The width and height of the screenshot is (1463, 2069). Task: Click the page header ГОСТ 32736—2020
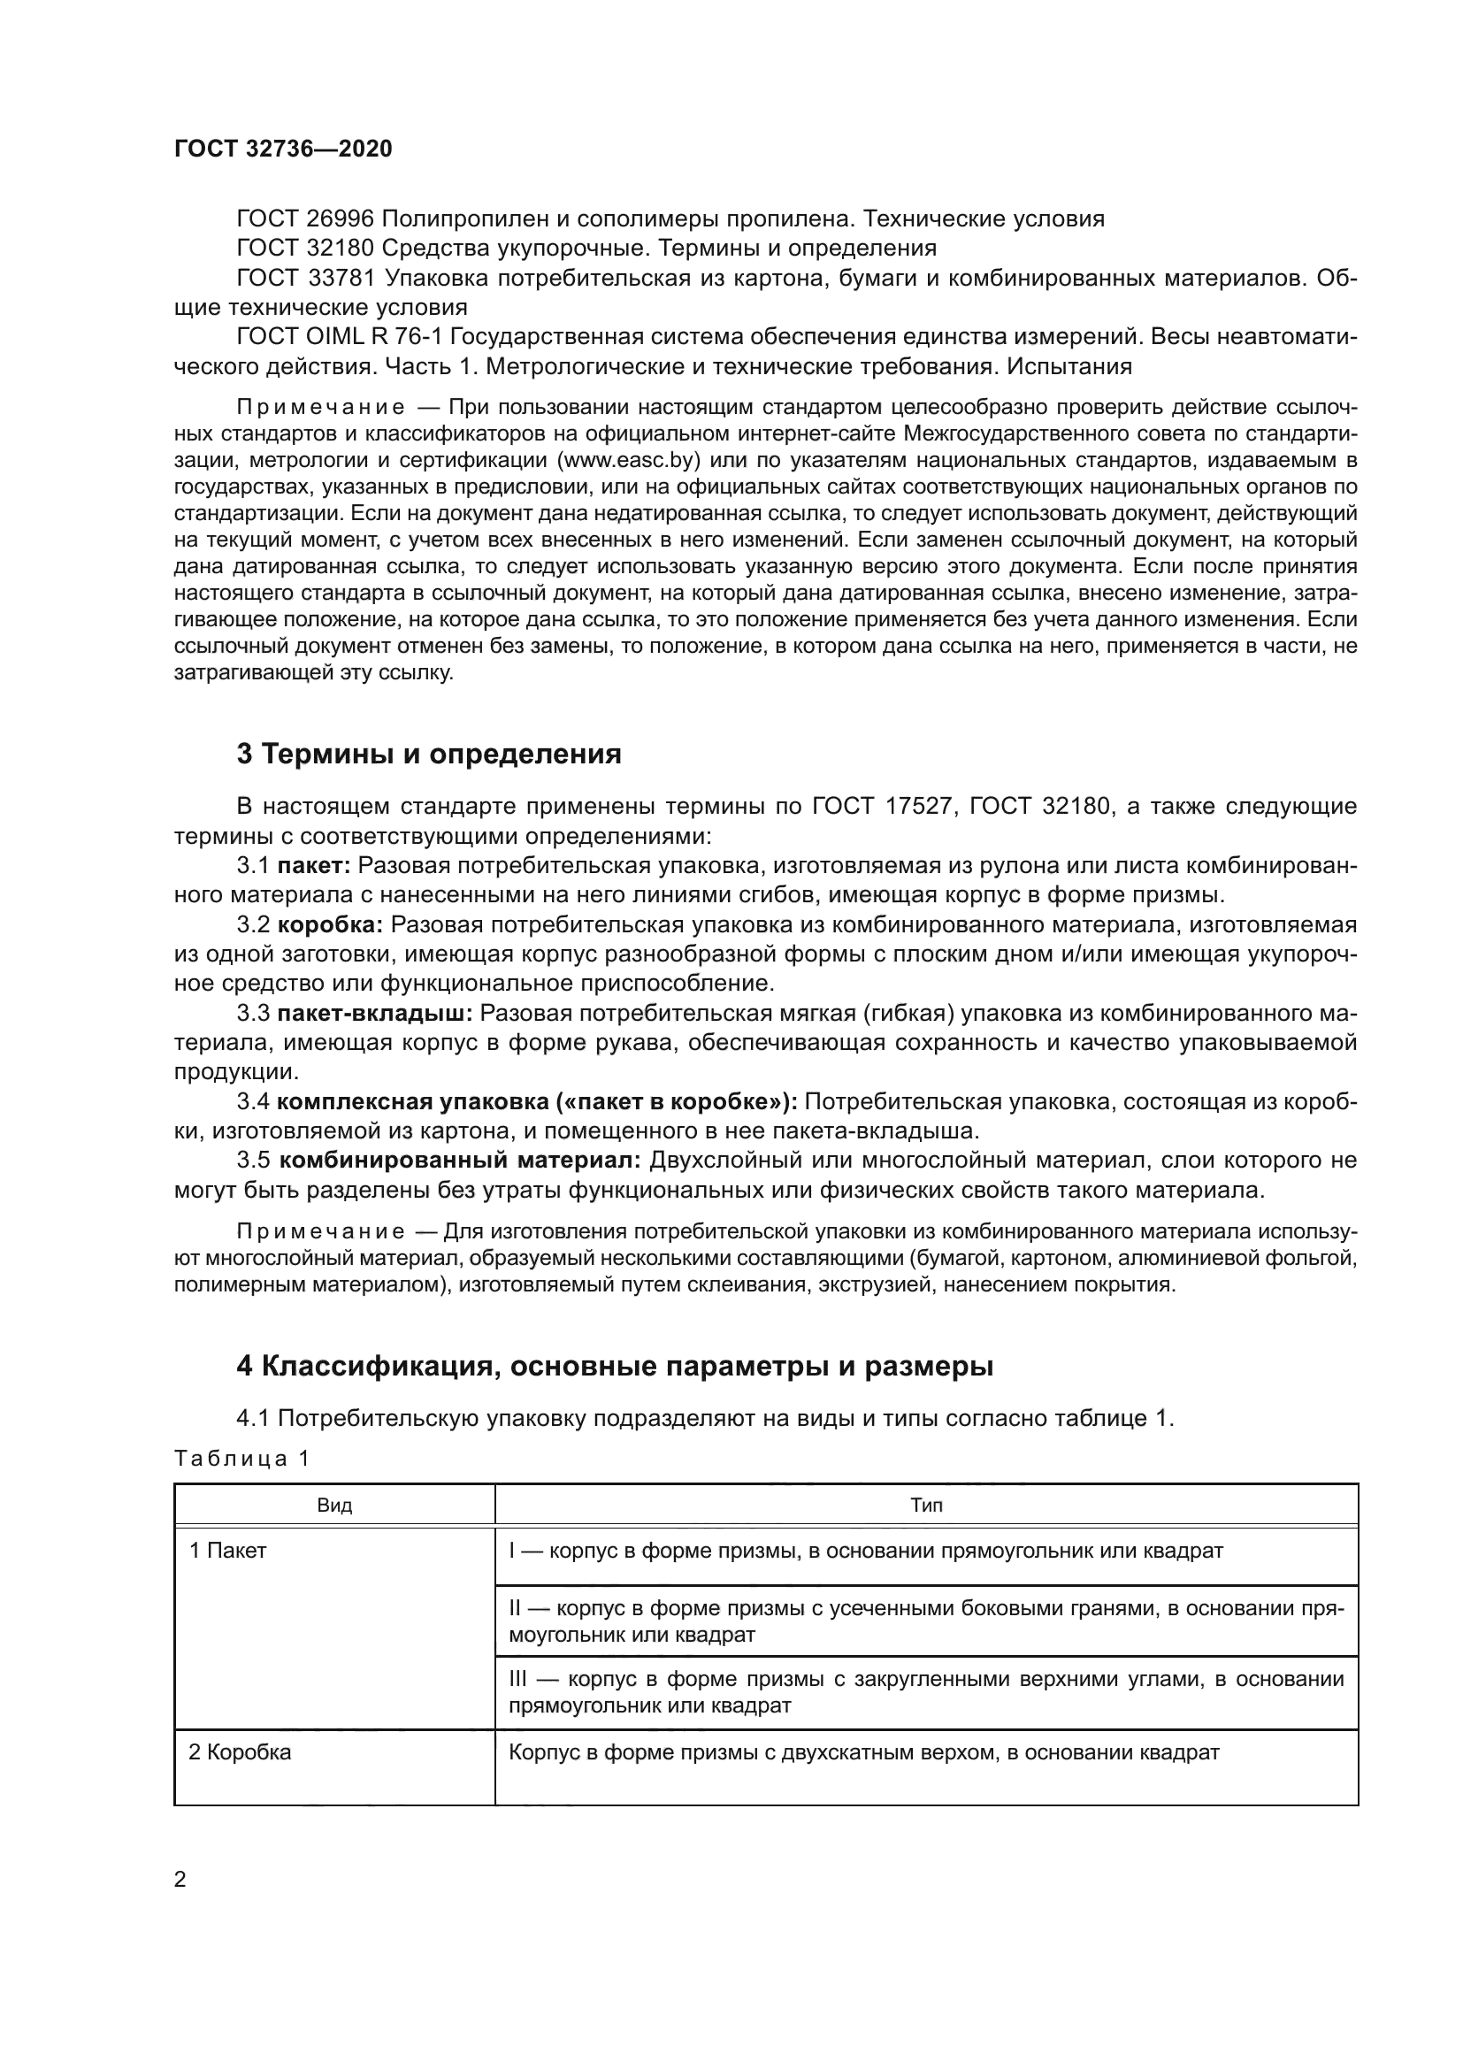(x=283, y=149)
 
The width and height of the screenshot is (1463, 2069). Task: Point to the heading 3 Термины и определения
(x=429, y=754)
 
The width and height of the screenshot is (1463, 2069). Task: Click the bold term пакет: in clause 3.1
(x=313, y=866)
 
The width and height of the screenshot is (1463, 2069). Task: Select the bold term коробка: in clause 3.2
(x=331, y=925)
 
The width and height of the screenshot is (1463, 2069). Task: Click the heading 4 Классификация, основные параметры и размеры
(x=615, y=1366)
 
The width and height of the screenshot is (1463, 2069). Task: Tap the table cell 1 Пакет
(x=228, y=1551)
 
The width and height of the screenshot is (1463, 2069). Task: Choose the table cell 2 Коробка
(x=240, y=1752)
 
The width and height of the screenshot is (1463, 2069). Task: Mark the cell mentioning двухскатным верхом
(x=863, y=1752)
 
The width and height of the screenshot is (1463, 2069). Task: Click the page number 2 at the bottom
(x=180, y=1880)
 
